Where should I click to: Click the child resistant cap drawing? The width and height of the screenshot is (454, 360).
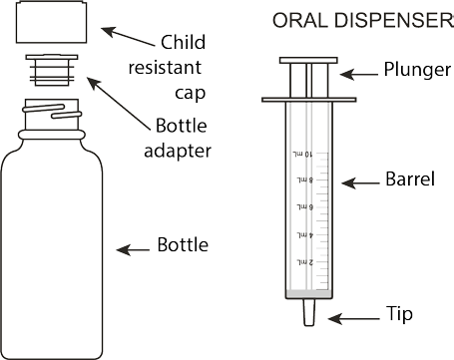[x=52, y=22]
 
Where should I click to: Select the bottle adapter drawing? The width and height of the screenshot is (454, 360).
[x=52, y=71]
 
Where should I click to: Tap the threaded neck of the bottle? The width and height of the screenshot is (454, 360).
[x=52, y=114]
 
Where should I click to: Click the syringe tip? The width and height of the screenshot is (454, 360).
[x=309, y=312]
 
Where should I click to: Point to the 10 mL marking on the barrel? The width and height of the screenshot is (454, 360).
[x=303, y=154]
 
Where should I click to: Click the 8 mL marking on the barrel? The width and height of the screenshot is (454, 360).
[x=305, y=180]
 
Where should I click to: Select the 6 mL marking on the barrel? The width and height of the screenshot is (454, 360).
[x=305, y=207]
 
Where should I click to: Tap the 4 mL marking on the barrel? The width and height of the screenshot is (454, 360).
[x=305, y=234]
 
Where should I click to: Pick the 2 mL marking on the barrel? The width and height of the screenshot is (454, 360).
[x=305, y=262]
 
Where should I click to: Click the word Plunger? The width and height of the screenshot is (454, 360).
[x=417, y=70]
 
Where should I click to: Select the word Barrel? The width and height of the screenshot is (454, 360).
[x=410, y=179]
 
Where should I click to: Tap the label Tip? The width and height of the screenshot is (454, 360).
[x=399, y=314]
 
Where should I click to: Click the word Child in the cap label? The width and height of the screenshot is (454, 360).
[x=184, y=42]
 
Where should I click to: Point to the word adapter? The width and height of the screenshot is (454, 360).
[x=178, y=151]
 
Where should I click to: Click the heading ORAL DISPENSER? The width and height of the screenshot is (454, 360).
[x=362, y=20]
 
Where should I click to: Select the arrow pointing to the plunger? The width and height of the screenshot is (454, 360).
[x=359, y=75]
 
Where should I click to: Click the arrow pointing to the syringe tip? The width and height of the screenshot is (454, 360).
[x=353, y=319]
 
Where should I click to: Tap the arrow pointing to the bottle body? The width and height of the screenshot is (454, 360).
[x=133, y=250]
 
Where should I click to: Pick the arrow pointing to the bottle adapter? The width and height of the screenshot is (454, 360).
[x=119, y=104]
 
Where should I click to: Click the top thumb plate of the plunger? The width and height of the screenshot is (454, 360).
[x=308, y=60]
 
